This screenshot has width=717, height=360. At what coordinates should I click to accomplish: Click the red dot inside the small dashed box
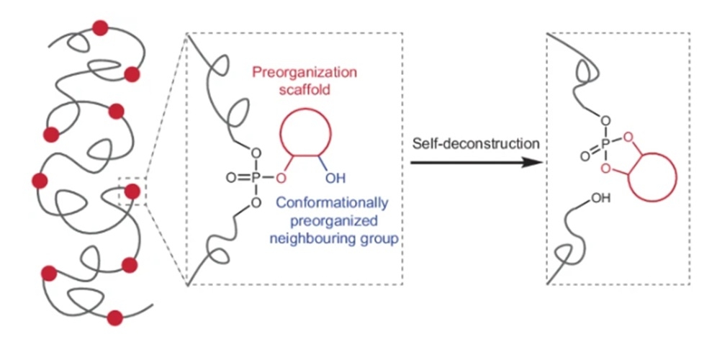pos(132,192)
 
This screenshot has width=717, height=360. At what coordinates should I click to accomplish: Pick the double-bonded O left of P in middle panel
pos(230,177)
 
